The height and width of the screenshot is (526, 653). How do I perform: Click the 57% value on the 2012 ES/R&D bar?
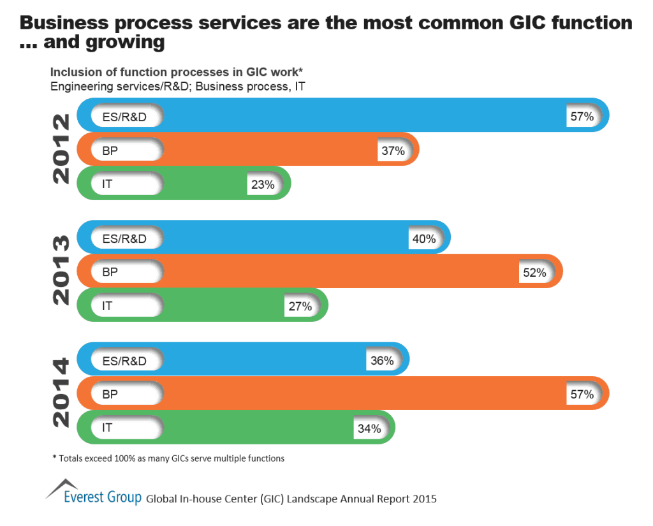[x=582, y=117]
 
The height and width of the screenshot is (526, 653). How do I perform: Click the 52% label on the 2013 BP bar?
[x=534, y=272]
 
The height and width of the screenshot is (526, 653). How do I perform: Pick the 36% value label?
[x=381, y=361]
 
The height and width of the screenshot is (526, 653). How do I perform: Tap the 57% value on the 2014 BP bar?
[x=582, y=395]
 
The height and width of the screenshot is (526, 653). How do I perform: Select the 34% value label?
[x=369, y=428]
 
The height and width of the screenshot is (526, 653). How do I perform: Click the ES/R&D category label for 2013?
[x=124, y=239]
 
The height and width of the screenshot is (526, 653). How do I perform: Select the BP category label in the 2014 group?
[x=110, y=395]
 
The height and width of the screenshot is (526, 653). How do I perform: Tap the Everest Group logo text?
[x=102, y=497]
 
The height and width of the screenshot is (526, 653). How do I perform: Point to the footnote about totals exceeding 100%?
[x=168, y=458]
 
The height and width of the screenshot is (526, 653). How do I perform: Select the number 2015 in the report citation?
[x=423, y=499]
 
